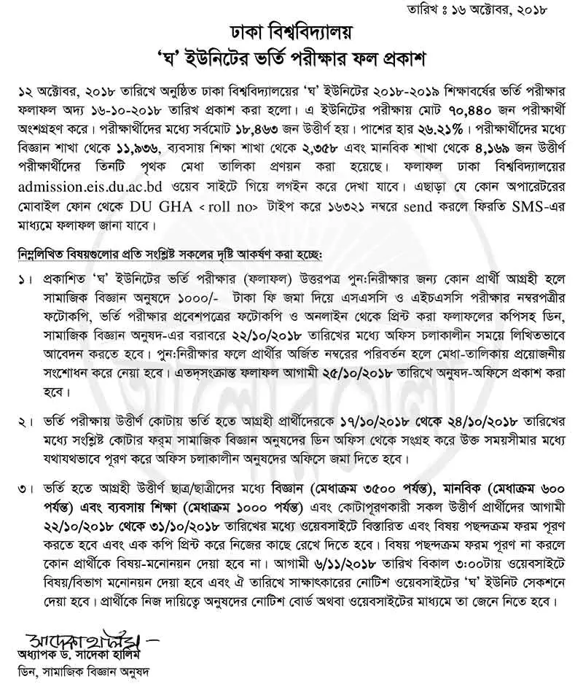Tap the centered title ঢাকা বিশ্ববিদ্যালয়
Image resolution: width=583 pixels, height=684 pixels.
(x=291, y=33)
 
